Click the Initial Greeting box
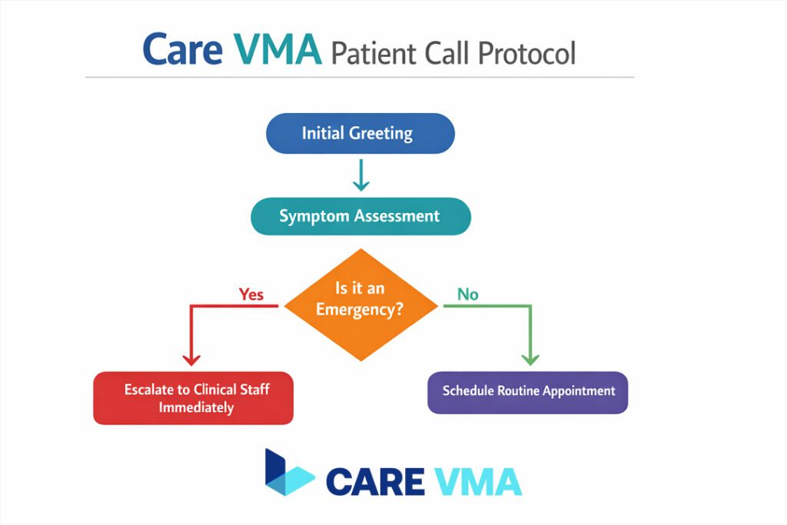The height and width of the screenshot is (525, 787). tap(360, 133)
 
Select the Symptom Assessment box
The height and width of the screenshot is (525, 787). tap(360, 216)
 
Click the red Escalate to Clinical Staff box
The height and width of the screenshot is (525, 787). tap(193, 398)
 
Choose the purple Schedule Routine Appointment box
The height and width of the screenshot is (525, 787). tap(528, 392)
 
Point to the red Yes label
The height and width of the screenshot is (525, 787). tap(251, 294)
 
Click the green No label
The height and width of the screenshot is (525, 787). tap(467, 294)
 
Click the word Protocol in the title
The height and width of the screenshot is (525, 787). tap(526, 54)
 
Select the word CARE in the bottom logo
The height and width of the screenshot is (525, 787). tap(375, 481)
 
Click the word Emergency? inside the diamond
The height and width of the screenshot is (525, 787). tap(361, 314)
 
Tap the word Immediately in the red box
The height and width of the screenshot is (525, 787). tap(196, 407)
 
